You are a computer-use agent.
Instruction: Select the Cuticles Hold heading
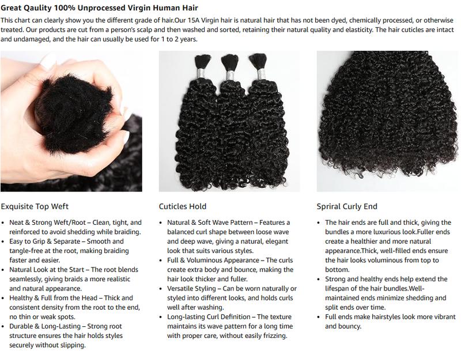coord(183,206)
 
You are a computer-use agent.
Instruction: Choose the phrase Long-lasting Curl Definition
coord(210,317)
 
